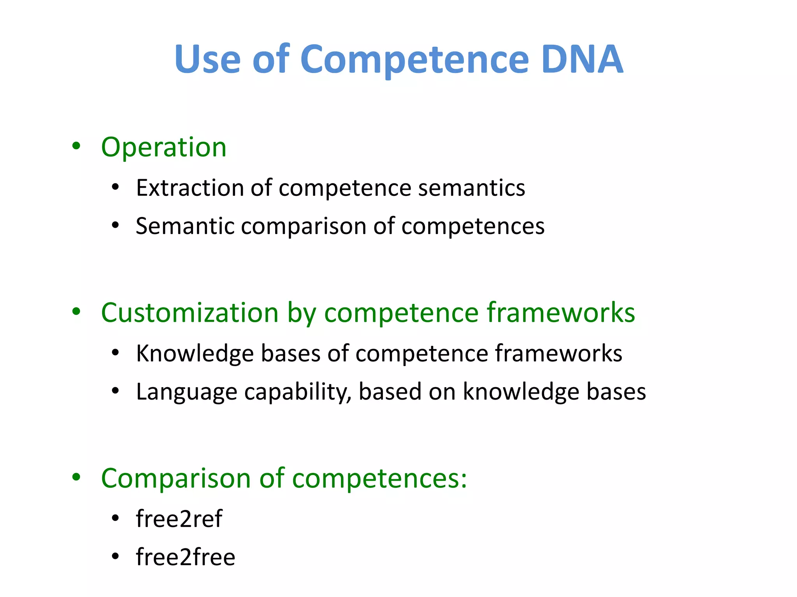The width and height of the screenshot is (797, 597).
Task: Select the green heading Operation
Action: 163,148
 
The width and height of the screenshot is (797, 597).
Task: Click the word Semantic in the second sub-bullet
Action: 184,226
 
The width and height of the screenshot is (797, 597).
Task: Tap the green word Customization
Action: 190,313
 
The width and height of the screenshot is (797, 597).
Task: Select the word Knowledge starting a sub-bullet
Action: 195,354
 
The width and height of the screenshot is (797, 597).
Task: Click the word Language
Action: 186,392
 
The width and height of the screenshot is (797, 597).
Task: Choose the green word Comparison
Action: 176,478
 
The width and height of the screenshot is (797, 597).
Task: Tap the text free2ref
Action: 179,519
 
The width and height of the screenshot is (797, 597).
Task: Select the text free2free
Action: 186,557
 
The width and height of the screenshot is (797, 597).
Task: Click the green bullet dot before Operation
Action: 76,146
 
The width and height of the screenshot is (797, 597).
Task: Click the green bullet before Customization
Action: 76,311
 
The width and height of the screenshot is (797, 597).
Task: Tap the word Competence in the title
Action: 414,59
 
